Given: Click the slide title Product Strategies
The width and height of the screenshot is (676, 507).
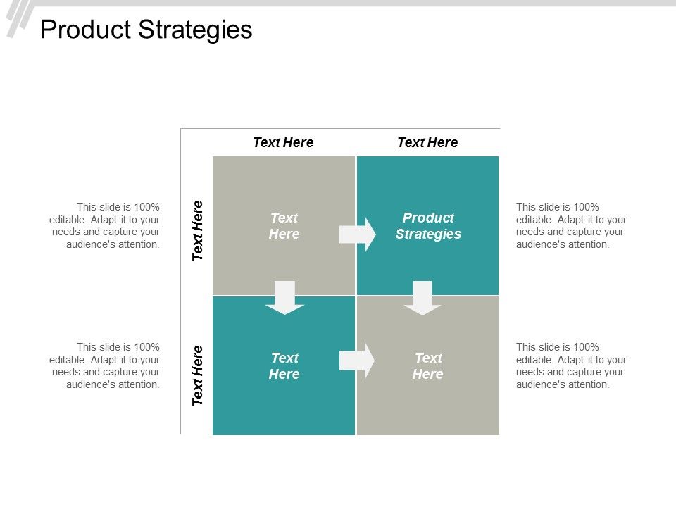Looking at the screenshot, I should point(146,30).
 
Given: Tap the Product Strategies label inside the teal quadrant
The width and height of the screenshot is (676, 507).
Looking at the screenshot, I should point(428,226).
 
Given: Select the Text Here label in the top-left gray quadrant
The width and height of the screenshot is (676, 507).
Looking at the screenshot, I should point(284,226).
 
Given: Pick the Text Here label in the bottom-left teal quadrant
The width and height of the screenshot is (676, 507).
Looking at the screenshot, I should point(284,366).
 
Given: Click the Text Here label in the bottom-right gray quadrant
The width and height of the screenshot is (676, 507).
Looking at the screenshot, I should point(428,366).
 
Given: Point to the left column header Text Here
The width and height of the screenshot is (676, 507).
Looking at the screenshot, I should point(283,142).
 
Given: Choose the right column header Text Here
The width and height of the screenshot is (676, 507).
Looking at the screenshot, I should point(427,142).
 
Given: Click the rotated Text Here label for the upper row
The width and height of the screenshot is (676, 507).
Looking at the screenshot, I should point(198,230).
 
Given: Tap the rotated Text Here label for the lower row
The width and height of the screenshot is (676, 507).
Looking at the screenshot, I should point(198,375).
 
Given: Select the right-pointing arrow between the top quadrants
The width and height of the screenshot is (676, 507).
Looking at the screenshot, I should point(358,234).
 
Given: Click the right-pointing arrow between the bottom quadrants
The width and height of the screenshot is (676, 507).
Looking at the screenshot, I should point(358,361).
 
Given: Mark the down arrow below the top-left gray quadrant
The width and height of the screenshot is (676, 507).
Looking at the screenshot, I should point(284,298).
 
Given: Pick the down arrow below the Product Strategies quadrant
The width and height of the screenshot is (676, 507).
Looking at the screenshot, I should point(423,298).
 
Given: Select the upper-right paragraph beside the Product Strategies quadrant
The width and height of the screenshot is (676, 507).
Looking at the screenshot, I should point(571,225).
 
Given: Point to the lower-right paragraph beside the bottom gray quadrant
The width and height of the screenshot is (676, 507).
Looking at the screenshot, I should point(571,365).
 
